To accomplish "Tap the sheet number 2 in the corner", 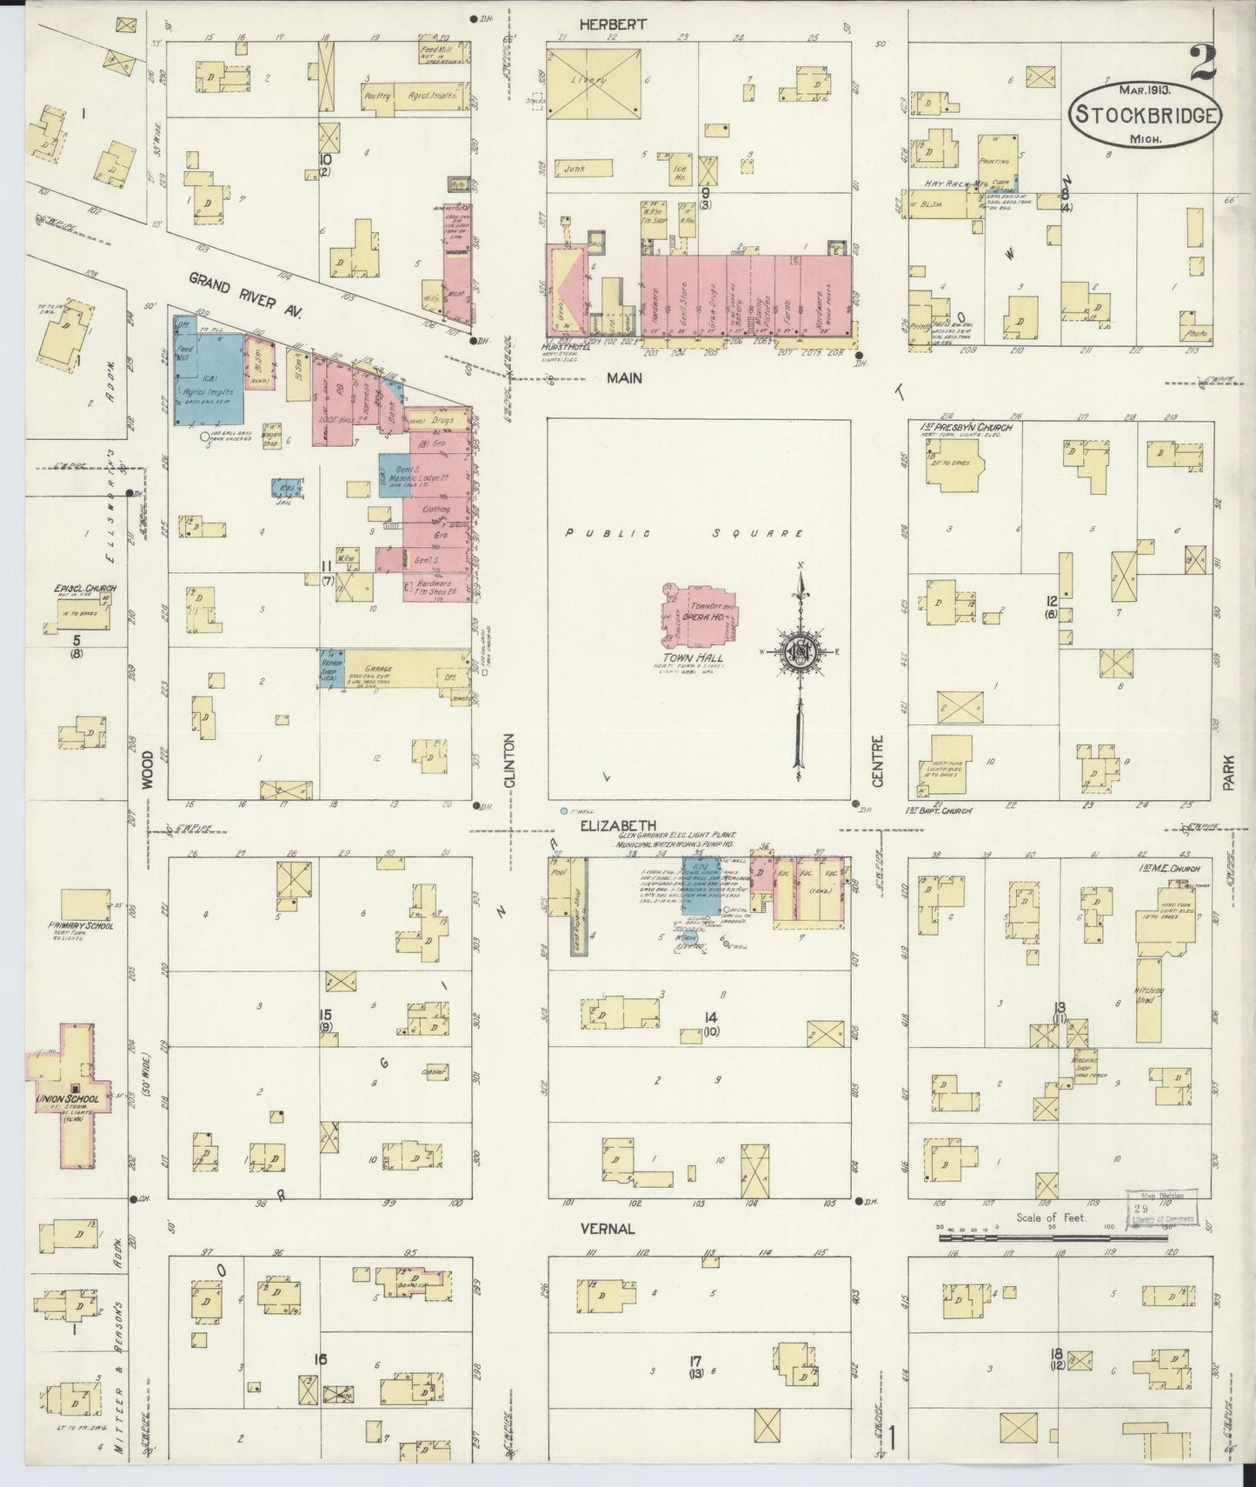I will pyautogui.click(x=1204, y=63).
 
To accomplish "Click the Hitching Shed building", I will pyautogui.click(x=1148, y=998).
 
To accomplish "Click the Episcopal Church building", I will pyautogui.click(x=80, y=616).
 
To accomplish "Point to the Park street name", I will pyautogui.click(x=1229, y=770).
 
